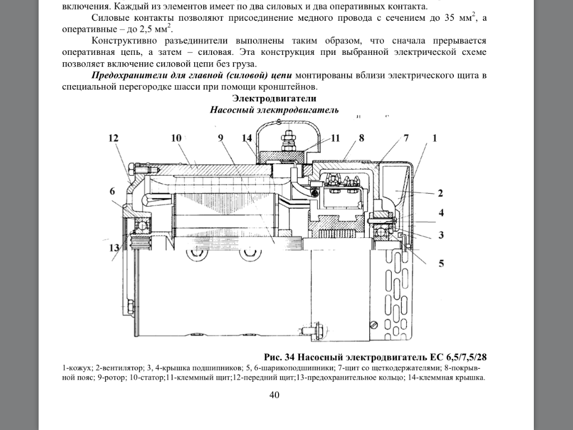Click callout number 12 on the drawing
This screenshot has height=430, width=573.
tap(114, 138)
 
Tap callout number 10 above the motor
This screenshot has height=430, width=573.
tap(177, 138)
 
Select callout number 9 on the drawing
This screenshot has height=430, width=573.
tap(220, 138)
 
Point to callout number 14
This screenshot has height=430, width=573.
tap(247, 138)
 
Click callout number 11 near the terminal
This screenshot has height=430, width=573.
tap(335, 138)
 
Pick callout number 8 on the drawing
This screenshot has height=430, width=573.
tap(362, 138)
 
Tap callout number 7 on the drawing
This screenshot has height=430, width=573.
tap(406, 138)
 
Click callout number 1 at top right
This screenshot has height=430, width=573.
tap(434, 138)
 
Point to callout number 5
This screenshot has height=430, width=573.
tap(441, 263)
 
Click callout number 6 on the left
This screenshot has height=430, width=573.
tap(112, 191)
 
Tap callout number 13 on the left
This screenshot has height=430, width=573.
tap(114, 248)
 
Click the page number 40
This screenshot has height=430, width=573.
tap(274, 395)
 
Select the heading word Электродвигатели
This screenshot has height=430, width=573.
tap(274, 99)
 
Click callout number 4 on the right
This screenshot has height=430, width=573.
tap(441, 213)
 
